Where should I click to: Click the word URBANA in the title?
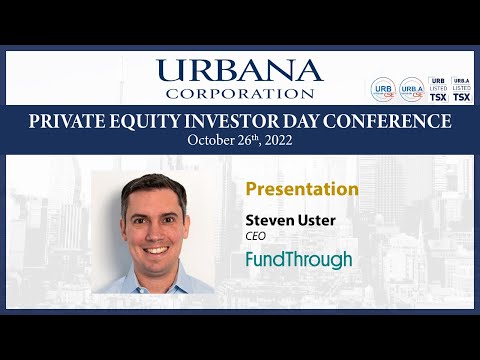tap(240, 70)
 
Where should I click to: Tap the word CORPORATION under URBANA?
tap(240, 93)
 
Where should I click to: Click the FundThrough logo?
tap(298, 260)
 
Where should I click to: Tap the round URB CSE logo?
tap(383, 90)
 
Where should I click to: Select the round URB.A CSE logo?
tap(411, 90)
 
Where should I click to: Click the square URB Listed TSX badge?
tap(437, 89)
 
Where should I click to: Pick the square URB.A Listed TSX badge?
tap(461, 89)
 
